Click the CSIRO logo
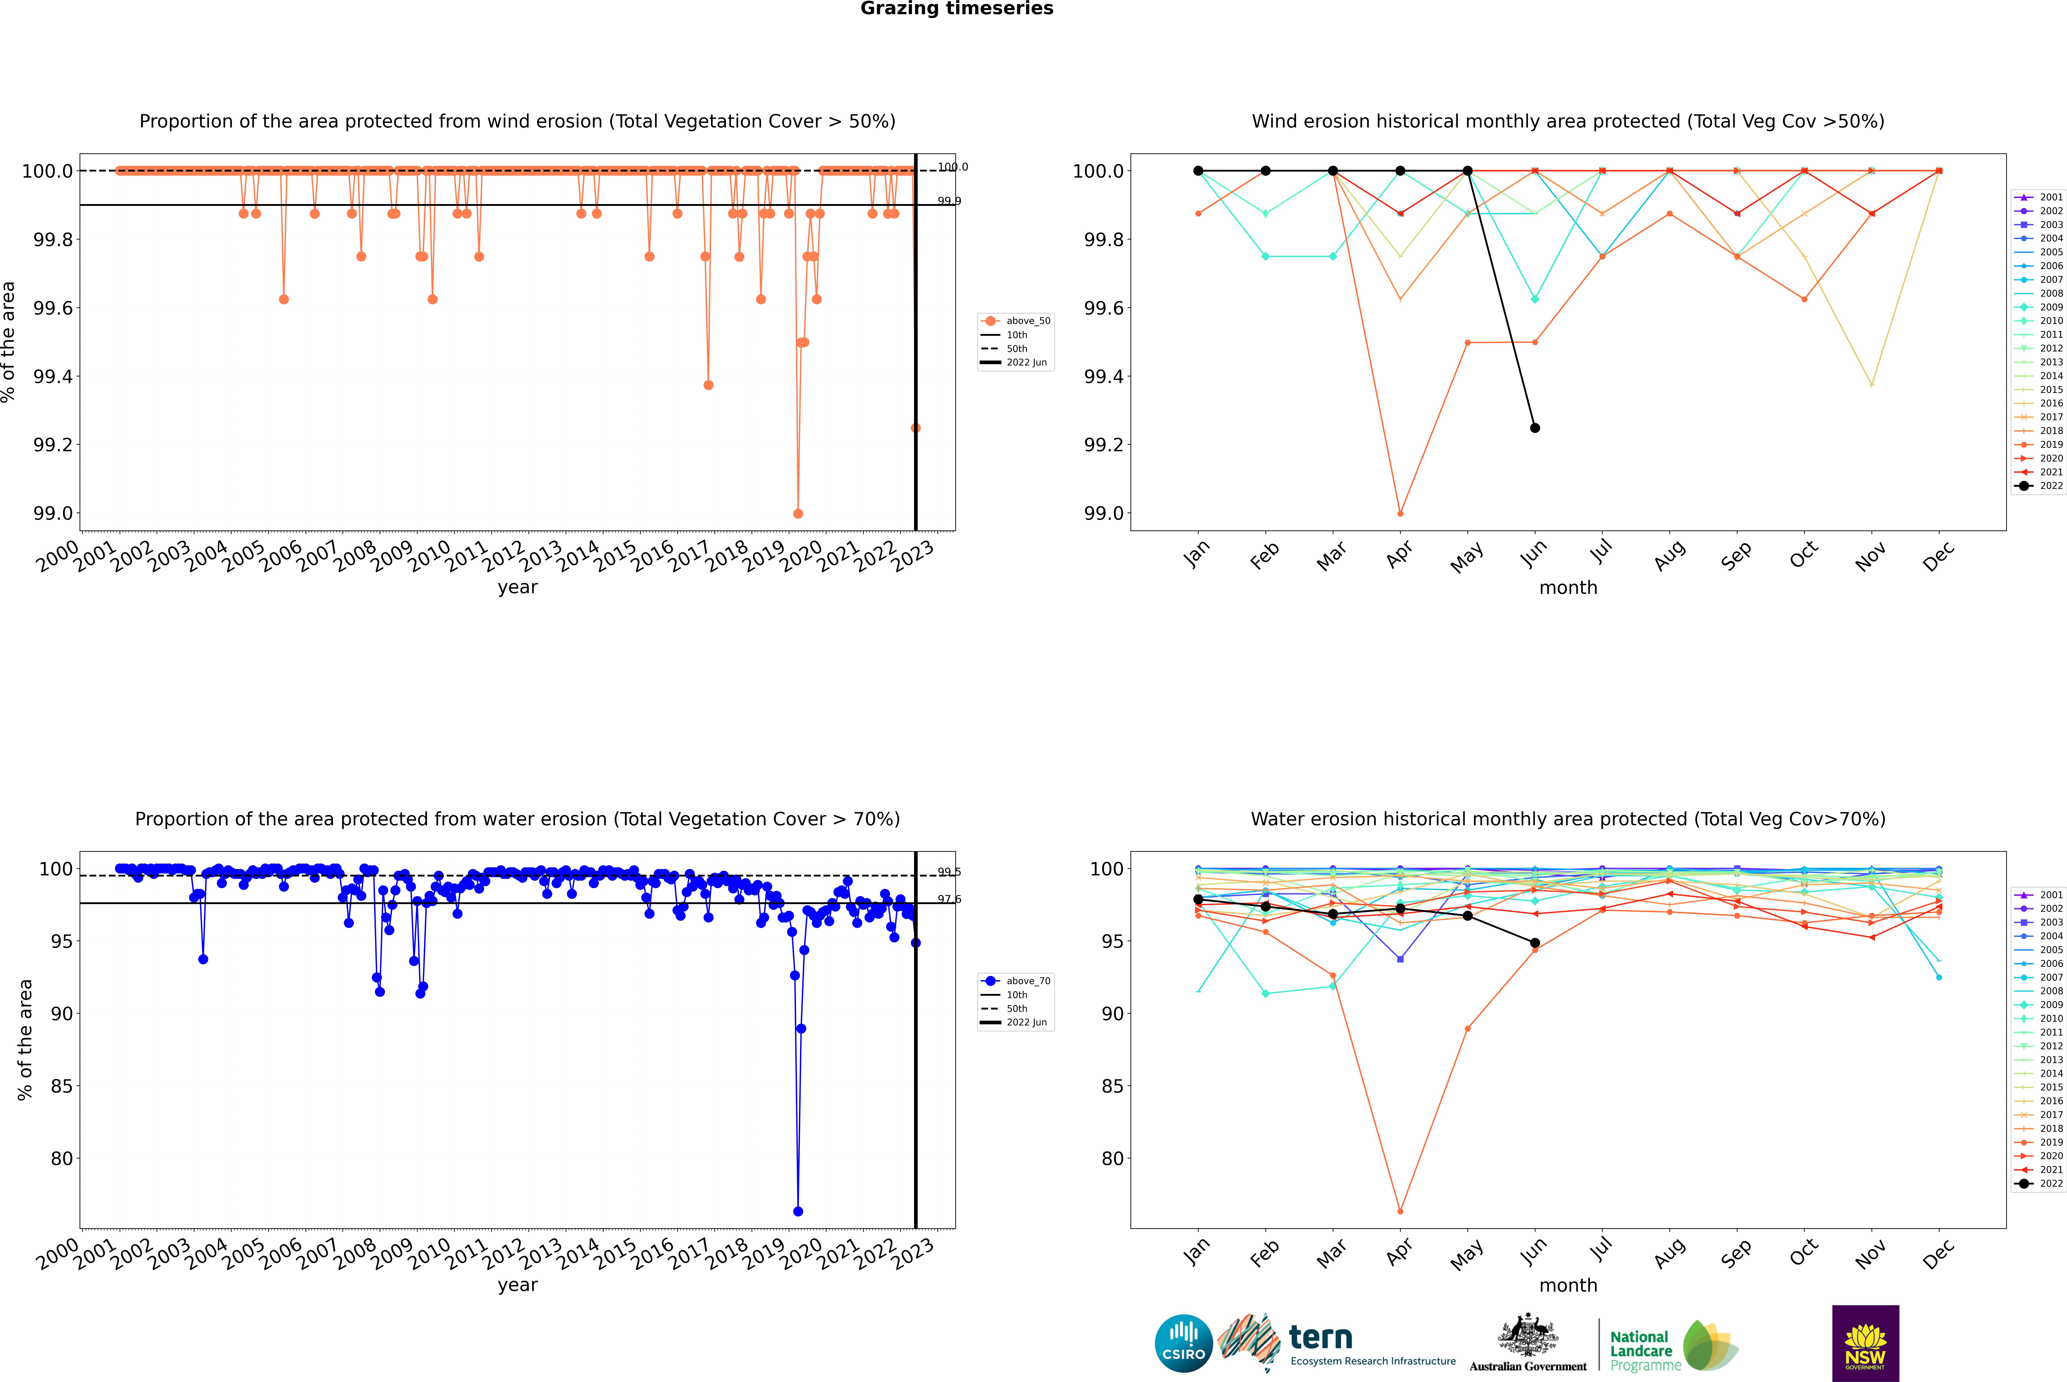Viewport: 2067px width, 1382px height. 1183,1343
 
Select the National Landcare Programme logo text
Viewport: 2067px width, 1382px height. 1641,1350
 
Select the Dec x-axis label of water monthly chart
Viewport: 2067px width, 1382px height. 1938,1253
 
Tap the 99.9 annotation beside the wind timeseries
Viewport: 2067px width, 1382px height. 949,201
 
